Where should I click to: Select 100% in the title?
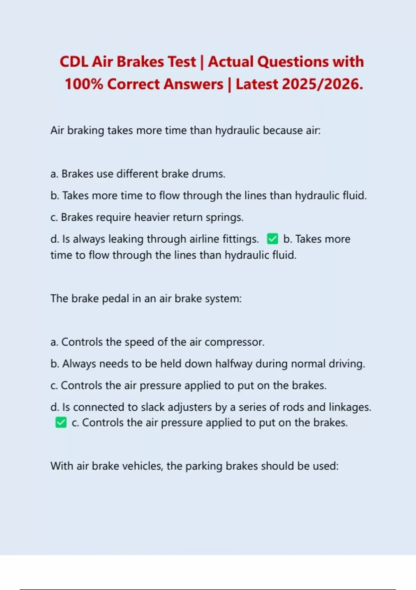[x=84, y=84]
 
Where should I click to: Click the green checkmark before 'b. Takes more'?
[x=272, y=239]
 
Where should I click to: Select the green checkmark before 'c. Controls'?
[x=61, y=422]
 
